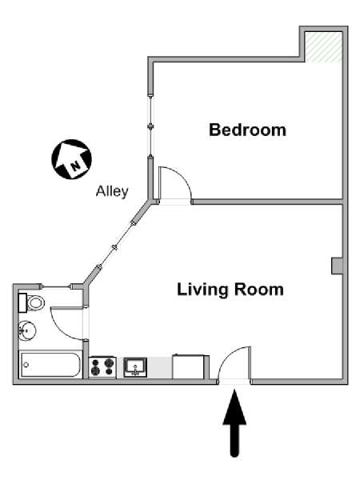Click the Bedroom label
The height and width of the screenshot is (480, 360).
tap(247, 130)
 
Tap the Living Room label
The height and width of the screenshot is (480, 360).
tap(230, 290)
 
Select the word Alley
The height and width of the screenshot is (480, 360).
tap(112, 192)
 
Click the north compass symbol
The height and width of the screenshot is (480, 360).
tap(71, 159)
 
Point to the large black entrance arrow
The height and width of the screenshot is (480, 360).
tap(234, 422)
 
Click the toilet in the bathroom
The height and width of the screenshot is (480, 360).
tap(31, 303)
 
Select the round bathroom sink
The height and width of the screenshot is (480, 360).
tap(27, 330)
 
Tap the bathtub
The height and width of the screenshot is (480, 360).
tap(50, 365)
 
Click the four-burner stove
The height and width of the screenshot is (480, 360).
tap(102, 367)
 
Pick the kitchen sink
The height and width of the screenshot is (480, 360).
tap(135, 367)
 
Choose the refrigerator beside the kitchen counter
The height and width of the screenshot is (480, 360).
tap(188, 366)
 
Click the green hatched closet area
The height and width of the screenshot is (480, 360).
tap(323, 47)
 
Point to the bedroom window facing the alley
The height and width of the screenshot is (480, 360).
tap(150, 126)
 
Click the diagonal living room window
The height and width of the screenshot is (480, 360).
tap(115, 247)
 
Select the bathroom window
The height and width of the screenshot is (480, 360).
tap(56, 286)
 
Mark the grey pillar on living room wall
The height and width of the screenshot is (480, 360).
tap(337, 266)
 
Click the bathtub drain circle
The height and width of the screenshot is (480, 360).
tap(26, 365)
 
